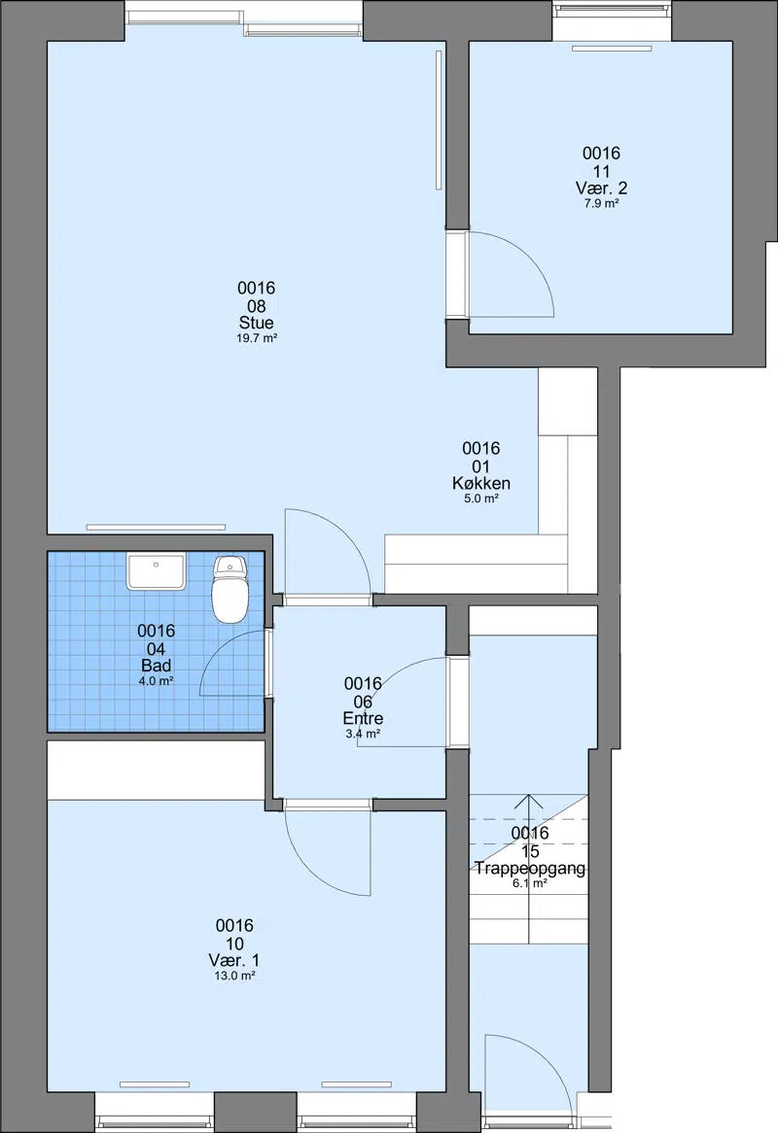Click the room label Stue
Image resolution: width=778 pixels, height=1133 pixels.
tap(257, 323)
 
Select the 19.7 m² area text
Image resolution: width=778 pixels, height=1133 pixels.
tap(257, 338)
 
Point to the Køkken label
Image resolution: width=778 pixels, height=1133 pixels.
tap(481, 483)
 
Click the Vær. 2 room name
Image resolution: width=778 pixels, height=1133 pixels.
tap(602, 189)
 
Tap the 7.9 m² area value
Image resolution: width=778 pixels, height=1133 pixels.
tap(602, 204)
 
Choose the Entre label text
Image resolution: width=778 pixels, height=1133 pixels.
tap(363, 718)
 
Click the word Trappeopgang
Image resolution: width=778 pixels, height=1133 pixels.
tap(530, 868)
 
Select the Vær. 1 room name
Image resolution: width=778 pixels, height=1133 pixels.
tap(234, 960)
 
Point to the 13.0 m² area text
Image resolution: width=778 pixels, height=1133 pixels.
tap(235, 976)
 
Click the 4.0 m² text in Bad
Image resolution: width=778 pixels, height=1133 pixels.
tap(157, 680)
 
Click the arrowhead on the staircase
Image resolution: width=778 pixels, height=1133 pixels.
tap(529, 800)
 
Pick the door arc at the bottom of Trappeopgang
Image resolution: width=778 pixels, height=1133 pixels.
tap(549, 1056)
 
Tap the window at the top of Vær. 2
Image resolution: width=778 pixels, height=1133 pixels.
tap(612, 10)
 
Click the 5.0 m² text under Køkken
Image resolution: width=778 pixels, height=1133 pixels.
tap(481, 498)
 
